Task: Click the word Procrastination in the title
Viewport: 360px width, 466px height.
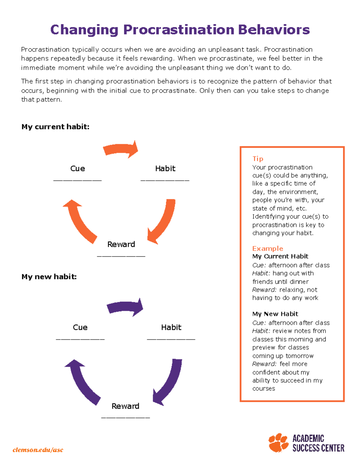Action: click(x=179, y=30)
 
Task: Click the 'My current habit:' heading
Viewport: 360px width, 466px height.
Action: click(x=55, y=127)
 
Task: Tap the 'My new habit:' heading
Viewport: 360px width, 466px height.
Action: click(x=49, y=276)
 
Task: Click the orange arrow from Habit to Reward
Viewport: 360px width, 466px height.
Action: click(x=164, y=222)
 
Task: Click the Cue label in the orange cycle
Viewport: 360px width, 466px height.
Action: click(x=77, y=168)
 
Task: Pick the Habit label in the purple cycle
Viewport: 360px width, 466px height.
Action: click(x=171, y=327)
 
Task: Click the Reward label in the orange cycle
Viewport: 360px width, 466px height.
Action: click(x=121, y=244)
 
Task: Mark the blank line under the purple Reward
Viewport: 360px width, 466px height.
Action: click(x=125, y=417)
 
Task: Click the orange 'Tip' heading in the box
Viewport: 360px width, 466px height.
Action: click(x=258, y=158)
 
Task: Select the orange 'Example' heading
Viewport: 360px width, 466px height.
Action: click(x=268, y=248)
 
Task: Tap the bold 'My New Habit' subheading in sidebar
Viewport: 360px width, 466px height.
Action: click(x=275, y=314)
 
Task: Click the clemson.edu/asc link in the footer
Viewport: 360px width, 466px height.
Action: click(x=38, y=449)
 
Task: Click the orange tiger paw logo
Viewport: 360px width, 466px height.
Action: click(x=278, y=443)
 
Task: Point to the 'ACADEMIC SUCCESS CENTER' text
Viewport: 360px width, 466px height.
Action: click(x=318, y=443)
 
